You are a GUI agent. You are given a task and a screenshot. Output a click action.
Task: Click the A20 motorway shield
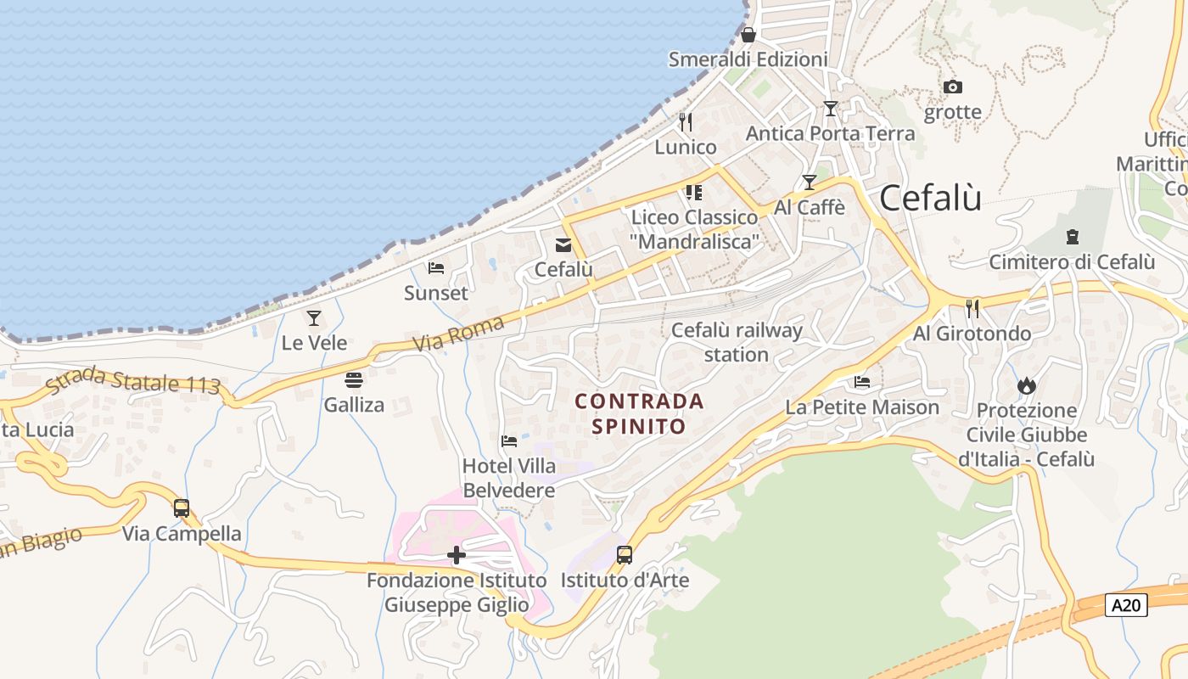coord(1127,605)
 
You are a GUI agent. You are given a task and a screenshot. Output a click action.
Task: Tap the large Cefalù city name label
coord(930,198)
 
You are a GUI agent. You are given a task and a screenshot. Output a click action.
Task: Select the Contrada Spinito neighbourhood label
coord(639,413)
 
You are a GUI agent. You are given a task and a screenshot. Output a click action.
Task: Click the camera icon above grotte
coord(952,87)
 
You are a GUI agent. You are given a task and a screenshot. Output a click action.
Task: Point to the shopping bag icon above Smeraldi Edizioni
coord(748,35)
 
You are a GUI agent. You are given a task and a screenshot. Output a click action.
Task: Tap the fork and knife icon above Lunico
coord(686,122)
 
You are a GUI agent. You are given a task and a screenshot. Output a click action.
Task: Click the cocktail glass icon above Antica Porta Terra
coord(830,109)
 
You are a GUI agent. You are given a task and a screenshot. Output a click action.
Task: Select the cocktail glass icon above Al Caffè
coord(810,182)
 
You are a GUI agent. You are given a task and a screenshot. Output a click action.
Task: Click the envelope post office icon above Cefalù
coord(563,245)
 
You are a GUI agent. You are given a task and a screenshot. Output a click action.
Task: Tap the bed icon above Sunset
coord(436,268)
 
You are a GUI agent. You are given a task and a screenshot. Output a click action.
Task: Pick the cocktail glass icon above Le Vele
coord(314,318)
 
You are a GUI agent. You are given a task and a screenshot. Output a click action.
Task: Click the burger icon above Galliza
coord(354,379)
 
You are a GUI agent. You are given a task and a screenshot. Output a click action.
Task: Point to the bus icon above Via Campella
coord(182,508)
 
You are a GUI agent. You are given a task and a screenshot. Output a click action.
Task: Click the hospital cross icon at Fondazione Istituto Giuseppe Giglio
coord(457,556)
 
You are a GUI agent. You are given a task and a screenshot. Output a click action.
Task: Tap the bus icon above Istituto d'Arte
coord(625,555)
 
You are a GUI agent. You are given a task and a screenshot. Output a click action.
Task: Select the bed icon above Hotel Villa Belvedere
coord(509,441)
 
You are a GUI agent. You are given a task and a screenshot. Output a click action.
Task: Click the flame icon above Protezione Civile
coord(1027,385)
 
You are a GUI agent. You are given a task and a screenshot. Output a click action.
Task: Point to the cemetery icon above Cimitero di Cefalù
coord(1072,236)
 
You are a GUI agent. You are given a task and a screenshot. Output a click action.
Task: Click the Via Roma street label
coord(458,334)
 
